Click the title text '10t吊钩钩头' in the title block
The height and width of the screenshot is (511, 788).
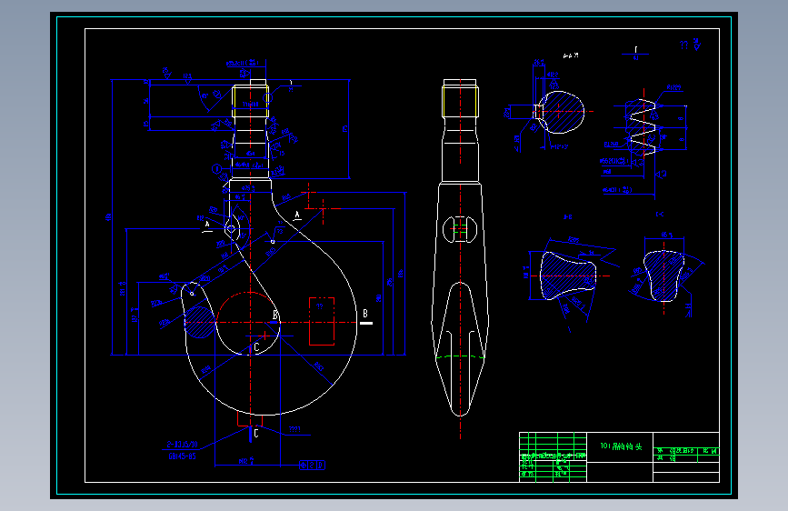click(621, 446)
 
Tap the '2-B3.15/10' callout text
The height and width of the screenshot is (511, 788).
click(182, 446)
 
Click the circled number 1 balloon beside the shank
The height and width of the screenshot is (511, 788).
click(217, 169)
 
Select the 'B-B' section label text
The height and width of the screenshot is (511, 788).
click(567, 217)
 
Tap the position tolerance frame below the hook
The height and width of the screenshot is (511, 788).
click(312, 465)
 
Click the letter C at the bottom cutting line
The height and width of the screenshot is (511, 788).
click(255, 433)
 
